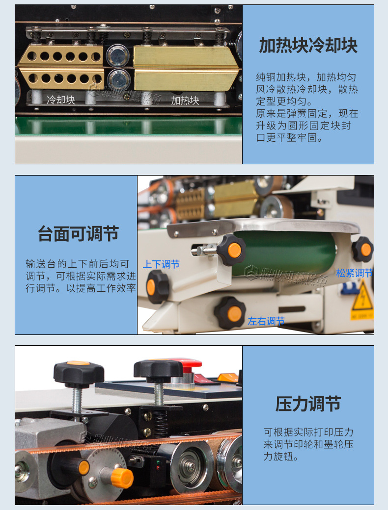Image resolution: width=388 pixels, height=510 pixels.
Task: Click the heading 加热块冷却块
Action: (x=308, y=46)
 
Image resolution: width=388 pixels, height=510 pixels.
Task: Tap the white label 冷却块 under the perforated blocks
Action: (x=61, y=100)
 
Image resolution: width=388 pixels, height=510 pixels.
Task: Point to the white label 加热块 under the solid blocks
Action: (x=185, y=101)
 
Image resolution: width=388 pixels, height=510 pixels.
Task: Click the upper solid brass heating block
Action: (x=186, y=57)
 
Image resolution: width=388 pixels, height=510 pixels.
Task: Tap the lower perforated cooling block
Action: (x=61, y=78)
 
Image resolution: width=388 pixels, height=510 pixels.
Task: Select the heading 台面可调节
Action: (x=78, y=233)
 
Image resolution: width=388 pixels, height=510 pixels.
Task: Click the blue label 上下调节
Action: (x=161, y=264)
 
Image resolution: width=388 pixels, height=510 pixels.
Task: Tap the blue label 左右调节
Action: (x=266, y=321)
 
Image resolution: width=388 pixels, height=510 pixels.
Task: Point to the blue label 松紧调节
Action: (x=354, y=273)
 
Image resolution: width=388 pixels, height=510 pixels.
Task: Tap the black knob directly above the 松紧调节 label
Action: (x=363, y=249)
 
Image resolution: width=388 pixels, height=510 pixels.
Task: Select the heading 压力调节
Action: (x=308, y=404)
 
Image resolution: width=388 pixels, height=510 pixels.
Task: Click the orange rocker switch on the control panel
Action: (x=227, y=378)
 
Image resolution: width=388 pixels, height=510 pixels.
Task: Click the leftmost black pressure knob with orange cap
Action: (x=79, y=373)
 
